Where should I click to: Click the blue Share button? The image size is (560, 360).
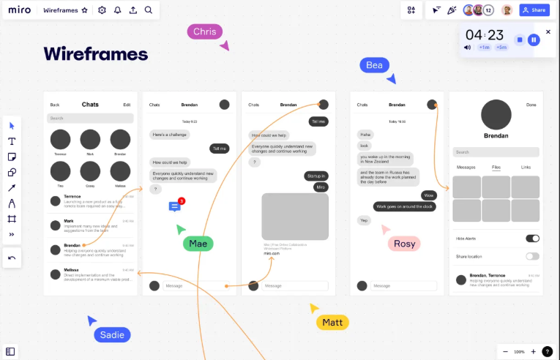(x=534, y=10)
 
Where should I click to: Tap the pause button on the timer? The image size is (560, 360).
(x=534, y=40)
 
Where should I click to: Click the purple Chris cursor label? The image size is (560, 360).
(x=204, y=31)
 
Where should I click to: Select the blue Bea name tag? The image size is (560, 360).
(x=374, y=65)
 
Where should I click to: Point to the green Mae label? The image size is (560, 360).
(x=198, y=244)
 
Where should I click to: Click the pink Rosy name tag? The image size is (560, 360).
(x=404, y=244)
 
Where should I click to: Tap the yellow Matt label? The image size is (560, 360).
(x=332, y=322)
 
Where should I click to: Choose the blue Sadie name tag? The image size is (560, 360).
(x=112, y=335)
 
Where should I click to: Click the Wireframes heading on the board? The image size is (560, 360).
(x=95, y=53)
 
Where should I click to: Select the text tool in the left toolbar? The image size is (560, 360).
(x=12, y=141)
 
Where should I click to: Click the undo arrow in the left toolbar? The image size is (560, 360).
(x=12, y=258)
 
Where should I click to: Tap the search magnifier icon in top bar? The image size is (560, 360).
(x=149, y=10)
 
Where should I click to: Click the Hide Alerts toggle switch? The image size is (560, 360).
(x=532, y=239)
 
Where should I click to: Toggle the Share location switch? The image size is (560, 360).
(x=532, y=256)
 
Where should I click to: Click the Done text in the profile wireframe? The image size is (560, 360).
(x=531, y=105)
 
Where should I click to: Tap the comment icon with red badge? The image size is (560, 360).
(x=175, y=206)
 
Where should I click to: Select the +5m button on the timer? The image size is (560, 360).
(x=501, y=48)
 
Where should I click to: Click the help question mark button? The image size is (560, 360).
(x=548, y=351)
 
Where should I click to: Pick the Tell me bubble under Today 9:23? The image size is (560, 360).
(x=219, y=149)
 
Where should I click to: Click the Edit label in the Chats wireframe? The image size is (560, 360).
(x=127, y=105)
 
